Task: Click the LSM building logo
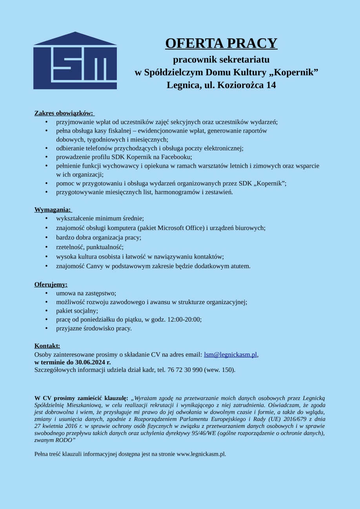coord(75,61)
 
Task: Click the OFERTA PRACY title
coord(221,43)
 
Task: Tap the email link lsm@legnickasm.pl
coord(230,355)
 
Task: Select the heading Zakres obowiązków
coord(64,113)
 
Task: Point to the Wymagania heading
coord(53,210)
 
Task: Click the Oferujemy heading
coord(51,284)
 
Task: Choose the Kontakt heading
coord(47,346)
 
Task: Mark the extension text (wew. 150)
coord(219,370)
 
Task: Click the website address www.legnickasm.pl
coord(201,454)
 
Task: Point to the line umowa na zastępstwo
coord(86,293)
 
